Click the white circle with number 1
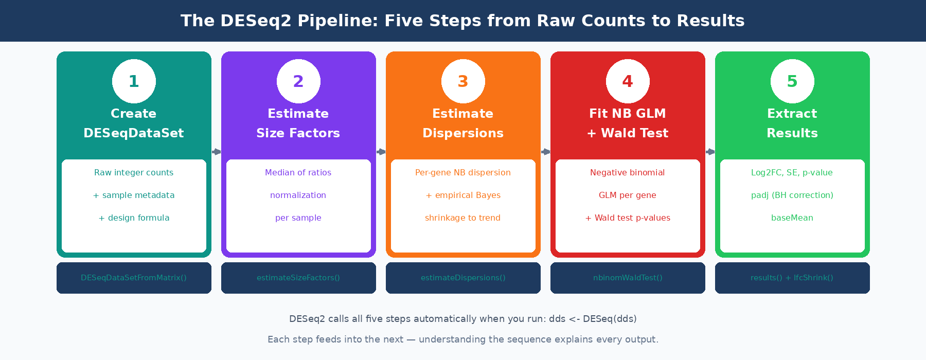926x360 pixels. point(134,81)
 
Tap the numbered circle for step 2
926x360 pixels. point(298,81)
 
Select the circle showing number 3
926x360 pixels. point(463,81)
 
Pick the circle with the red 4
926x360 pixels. point(628,81)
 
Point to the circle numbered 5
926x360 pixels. point(792,81)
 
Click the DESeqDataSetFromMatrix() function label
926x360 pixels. point(134,278)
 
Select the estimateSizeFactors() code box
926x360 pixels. point(298,278)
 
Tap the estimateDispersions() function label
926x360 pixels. point(463,278)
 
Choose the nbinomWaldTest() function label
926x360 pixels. point(628,278)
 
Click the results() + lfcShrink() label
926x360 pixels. point(792,278)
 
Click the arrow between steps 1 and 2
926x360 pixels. point(217,152)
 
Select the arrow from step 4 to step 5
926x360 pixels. point(710,152)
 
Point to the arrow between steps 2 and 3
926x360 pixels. point(381,152)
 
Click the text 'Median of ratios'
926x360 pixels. point(298,173)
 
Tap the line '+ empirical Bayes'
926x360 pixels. point(463,195)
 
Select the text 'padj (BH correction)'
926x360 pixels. point(792,195)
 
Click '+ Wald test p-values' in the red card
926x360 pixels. point(628,218)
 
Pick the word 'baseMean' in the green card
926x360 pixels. point(792,218)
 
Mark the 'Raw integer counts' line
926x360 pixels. point(134,173)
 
